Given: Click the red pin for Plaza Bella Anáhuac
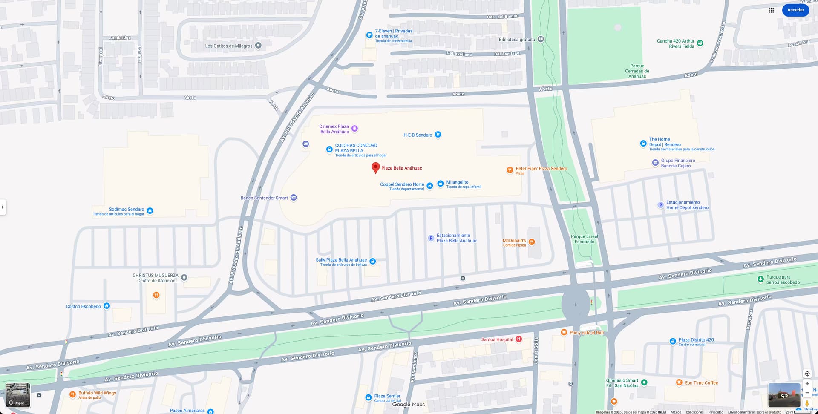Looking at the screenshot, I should pyautogui.click(x=375, y=167).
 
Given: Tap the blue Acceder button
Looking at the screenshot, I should pyautogui.click(x=795, y=10).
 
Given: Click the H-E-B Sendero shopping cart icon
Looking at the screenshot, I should pyautogui.click(x=438, y=135).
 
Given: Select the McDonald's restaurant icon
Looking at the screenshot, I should pyautogui.click(x=531, y=242).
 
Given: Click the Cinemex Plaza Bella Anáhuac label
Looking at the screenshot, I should pyautogui.click(x=334, y=129).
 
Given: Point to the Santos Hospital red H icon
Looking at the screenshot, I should pyautogui.click(x=518, y=339).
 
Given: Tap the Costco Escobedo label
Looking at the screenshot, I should pyautogui.click(x=84, y=306).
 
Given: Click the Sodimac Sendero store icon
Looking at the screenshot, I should pyautogui.click(x=150, y=210).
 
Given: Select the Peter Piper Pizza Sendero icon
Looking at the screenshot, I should pyautogui.click(x=510, y=170).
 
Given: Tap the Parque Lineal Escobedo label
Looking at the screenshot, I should pyautogui.click(x=584, y=239).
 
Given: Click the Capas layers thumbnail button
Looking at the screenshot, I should pyautogui.click(x=18, y=395).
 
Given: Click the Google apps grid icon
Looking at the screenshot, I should pyautogui.click(x=771, y=10).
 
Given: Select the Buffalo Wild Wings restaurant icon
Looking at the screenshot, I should pyautogui.click(x=72, y=394).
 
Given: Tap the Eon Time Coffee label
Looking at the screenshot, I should pyautogui.click(x=701, y=383).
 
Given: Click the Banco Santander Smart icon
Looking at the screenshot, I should pyautogui.click(x=294, y=198).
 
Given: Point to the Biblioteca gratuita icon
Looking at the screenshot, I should pyautogui.click(x=540, y=39).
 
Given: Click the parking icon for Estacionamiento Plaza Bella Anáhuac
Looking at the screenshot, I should pyautogui.click(x=431, y=238).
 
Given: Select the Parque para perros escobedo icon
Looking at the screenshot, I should pyautogui.click(x=760, y=279).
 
